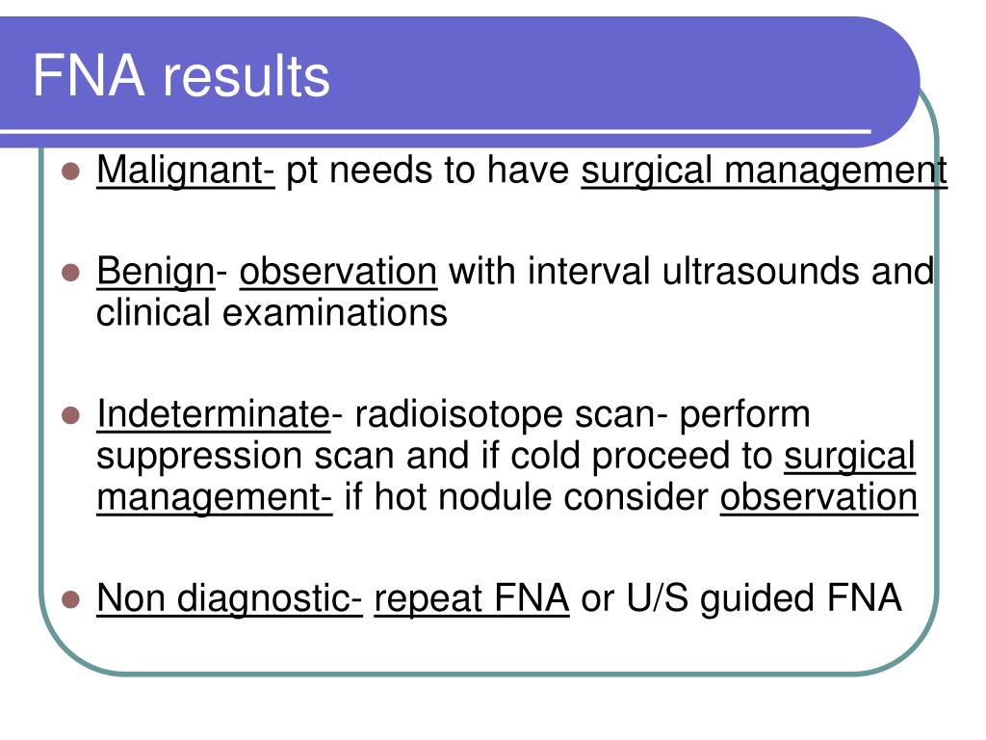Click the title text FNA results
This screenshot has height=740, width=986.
[x=181, y=76]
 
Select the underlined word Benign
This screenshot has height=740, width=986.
[x=156, y=272]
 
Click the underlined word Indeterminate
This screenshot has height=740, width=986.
[x=213, y=414]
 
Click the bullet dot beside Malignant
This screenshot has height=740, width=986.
[x=71, y=172]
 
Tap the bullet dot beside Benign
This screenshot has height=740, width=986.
[x=71, y=273]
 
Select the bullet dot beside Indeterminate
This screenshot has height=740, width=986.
[x=71, y=415]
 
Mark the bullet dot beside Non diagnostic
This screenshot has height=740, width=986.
[x=71, y=599]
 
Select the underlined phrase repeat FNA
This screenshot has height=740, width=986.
[x=472, y=598]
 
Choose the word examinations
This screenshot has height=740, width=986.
[x=334, y=313]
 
